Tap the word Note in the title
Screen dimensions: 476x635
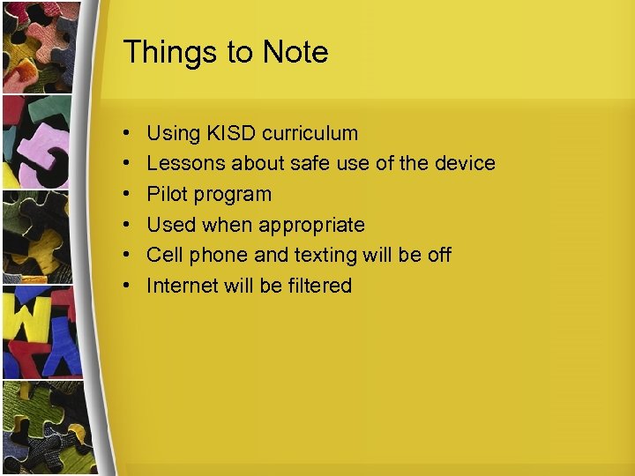pos(295,53)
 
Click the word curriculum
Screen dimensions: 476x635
pos(315,134)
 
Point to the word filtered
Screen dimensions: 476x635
pos(318,286)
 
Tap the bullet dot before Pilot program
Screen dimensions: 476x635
pos(128,195)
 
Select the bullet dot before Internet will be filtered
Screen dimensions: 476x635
pos(128,286)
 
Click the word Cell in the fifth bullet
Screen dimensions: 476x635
pos(163,256)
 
